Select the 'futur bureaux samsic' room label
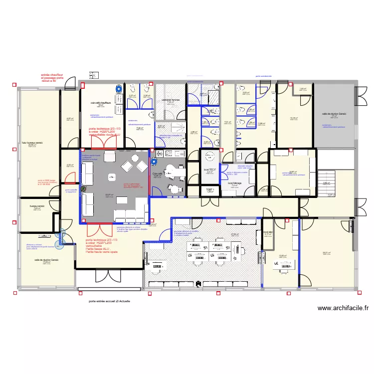(32, 143)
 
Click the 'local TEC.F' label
(209, 170)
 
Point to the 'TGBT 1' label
(209, 190)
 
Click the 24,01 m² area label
(326, 253)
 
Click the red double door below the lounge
(100, 229)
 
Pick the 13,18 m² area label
(294, 118)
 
